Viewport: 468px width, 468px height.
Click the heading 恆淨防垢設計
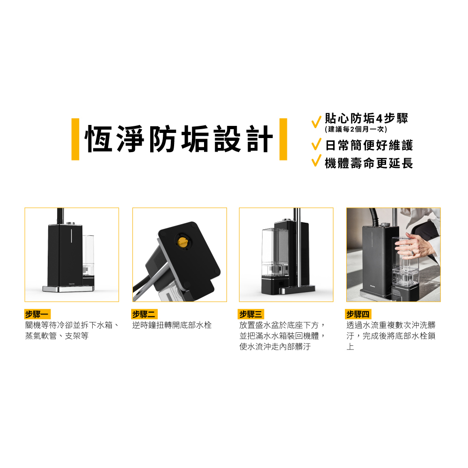tap(178, 139)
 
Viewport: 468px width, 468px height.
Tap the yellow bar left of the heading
tap(75, 139)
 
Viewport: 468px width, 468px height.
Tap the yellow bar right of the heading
tap(283, 139)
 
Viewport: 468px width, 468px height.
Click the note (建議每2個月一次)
tap(356, 129)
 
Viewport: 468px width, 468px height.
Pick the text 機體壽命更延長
tap(369, 163)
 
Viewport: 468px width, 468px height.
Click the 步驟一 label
tap(37, 314)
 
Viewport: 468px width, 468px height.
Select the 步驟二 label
tap(145, 314)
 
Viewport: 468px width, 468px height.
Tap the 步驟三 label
tap(251, 314)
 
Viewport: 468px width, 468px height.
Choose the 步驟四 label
tap(358, 314)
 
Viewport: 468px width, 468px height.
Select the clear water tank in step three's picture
tap(275, 253)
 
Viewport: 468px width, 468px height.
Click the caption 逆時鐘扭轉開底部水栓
tap(172, 325)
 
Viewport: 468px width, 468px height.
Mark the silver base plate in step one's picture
tap(68, 289)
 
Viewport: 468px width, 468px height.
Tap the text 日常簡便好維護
tap(369, 146)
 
